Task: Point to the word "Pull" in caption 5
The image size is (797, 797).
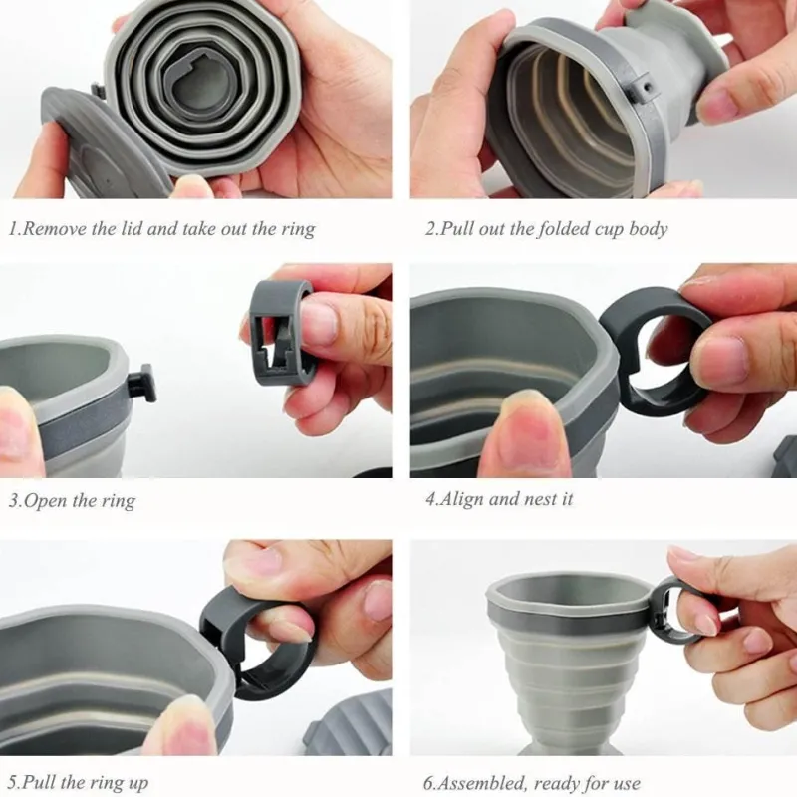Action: click(x=44, y=783)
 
